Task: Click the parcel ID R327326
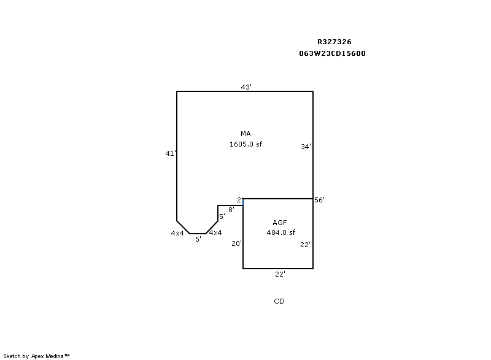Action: [x=334, y=42]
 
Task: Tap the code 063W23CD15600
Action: [x=332, y=53]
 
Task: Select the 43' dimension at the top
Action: [x=246, y=87]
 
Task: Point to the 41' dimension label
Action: [x=171, y=154]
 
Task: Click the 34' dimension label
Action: [x=306, y=147]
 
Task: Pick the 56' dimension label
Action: [x=319, y=200]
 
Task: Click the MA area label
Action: [x=245, y=134]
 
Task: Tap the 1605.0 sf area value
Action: [x=245, y=144]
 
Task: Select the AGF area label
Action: [x=280, y=222]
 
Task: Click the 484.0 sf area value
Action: [x=280, y=232]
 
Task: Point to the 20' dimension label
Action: [x=236, y=243]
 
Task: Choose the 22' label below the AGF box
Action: [x=280, y=274]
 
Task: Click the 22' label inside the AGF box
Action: [x=305, y=244]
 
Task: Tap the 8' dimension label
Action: [x=231, y=210]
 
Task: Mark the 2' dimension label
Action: [x=239, y=200]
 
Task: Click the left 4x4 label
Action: [x=177, y=233]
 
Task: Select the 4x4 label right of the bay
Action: [x=215, y=232]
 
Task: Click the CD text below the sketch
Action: [x=279, y=301]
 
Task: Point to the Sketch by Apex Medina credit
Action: [x=37, y=355]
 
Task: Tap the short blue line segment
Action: [x=243, y=202]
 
